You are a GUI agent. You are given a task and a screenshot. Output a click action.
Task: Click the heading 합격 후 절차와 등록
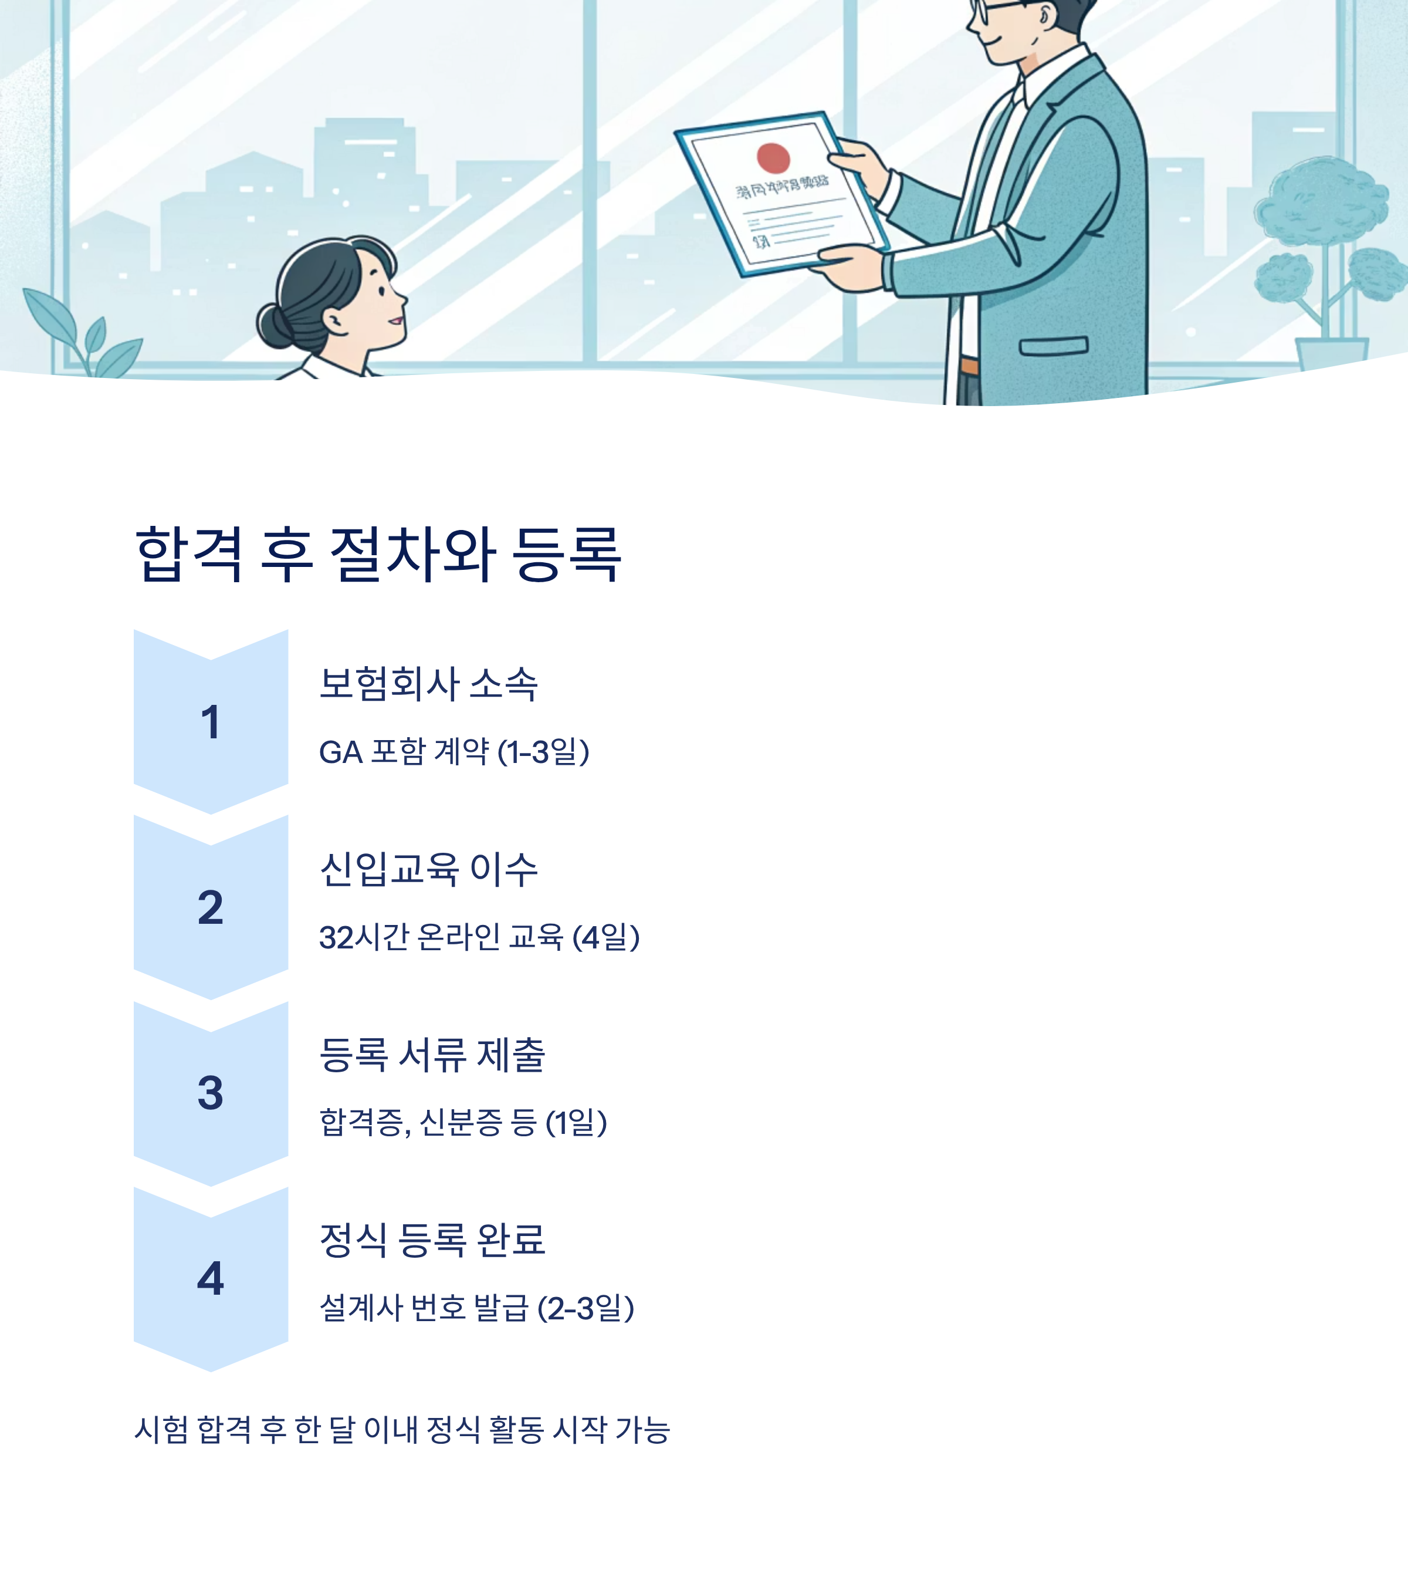[x=378, y=555]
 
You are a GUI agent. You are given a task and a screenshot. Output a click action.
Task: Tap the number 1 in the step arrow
[x=211, y=722]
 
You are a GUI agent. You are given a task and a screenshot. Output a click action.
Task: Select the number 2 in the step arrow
[x=211, y=907]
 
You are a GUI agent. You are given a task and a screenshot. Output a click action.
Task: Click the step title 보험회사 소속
[x=428, y=684]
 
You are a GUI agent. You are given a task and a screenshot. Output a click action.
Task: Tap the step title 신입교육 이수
[x=428, y=869]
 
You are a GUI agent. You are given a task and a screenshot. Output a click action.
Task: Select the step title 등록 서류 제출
[x=432, y=1054]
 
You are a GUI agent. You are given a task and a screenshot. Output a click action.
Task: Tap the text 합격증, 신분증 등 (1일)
[x=463, y=1123]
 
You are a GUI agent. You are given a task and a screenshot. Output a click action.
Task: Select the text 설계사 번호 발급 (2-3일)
[x=476, y=1308]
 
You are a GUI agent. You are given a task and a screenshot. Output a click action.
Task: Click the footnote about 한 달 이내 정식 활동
[x=402, y=1429]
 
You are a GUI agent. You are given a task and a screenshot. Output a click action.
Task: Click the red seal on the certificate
[x=773, y=158]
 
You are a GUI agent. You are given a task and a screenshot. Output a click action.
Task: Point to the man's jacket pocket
[x=1053, y=346]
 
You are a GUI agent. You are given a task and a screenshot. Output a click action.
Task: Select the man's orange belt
[x=969, y=366]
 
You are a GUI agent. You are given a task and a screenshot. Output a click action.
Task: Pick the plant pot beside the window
[x=1331, y=353]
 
